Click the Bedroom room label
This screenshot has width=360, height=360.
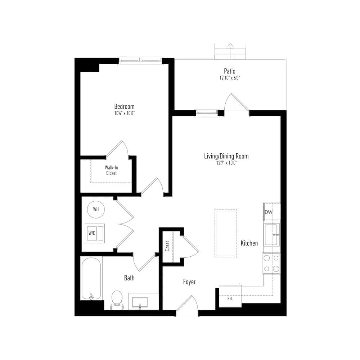click(124, 107)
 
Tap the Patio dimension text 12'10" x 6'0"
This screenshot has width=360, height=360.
click(229, 78)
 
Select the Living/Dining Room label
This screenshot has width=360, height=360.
click(226, 156)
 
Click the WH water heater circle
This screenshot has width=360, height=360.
click(96, 210)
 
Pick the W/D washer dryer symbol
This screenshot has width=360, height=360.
click(95, 233)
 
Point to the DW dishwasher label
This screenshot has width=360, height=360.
click(269, 212)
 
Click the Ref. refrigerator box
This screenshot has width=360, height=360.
click(230, 296)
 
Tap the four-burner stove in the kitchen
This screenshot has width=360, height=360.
click(271, 264)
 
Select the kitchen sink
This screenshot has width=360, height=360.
click(271, 235)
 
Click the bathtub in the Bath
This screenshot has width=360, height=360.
click(91, 279)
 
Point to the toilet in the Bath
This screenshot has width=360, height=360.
click(117, 300)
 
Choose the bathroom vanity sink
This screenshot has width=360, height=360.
click(140, 302)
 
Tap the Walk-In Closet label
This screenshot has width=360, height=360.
click(111, 170)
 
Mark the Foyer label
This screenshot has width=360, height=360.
click(189, 282)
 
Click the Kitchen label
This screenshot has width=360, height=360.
click(249, 243)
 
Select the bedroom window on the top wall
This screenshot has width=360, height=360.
click(140, 60)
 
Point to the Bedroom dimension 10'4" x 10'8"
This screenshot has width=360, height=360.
click(124, 113)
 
